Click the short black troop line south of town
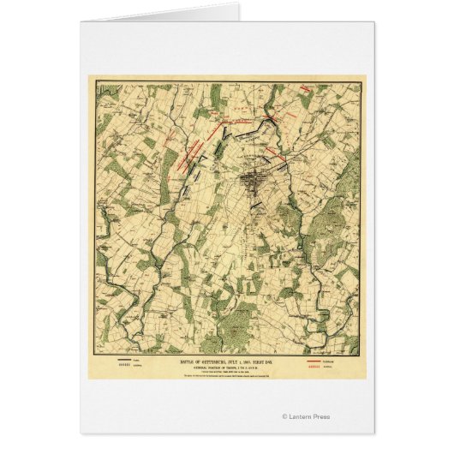pyautogui.click(x=256, y=206)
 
